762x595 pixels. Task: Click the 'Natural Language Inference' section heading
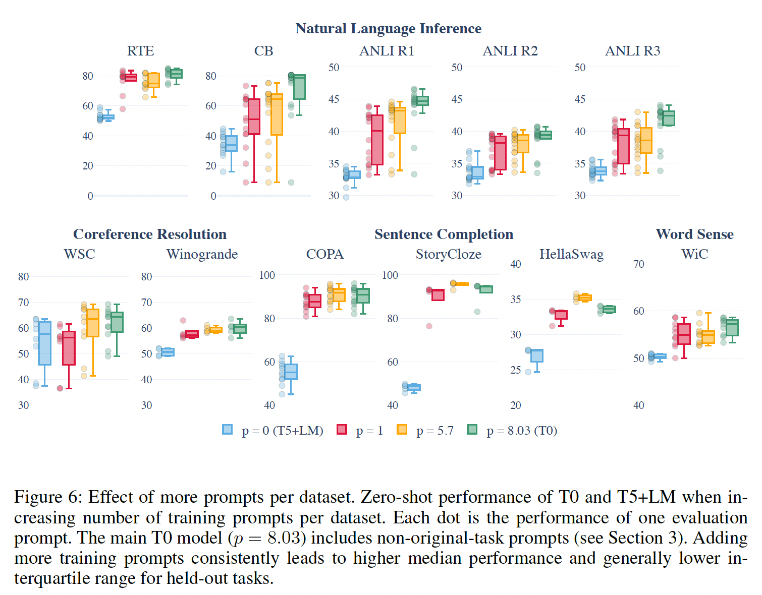tap(388, 29)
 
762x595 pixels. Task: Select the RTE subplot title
tap(140, 51)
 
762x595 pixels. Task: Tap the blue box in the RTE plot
tap(108, 117)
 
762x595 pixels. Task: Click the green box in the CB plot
tap(299, 87)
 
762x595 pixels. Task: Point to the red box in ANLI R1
tap(377, 140)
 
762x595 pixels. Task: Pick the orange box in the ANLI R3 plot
tap(646, 140)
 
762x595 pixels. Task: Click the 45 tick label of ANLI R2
tap(457, 99)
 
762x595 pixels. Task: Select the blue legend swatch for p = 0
tap(228, 430)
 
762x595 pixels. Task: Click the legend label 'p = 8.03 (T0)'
tap(522, 431)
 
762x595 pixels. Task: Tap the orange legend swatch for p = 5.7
tap(402, 430)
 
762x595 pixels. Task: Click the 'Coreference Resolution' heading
tap(150, 234)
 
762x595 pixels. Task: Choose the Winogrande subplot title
tap(202, 254)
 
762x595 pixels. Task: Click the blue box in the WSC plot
tap(45, 343)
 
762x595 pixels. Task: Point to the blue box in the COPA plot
tap(291, 372)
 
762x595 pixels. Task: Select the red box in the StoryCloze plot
tap(438, 295)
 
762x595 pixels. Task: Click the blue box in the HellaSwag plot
tap(537, 355)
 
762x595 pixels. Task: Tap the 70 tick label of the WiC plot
tap(638, 264)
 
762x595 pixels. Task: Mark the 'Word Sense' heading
tap(694, 234)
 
